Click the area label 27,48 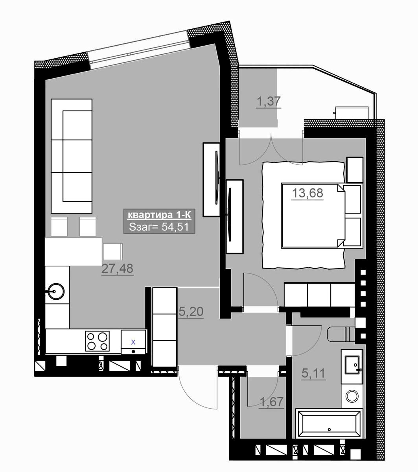117,268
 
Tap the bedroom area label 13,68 308,193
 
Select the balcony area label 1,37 269,101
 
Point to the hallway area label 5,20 191,312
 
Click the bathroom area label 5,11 313,374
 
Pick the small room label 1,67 272,402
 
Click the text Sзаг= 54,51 159,227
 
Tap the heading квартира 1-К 159,215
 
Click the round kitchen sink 56,291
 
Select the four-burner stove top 98,341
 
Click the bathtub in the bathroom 329,424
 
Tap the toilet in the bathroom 341,335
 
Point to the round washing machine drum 352,396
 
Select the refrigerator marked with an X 133,342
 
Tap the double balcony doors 271,149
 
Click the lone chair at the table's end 113,252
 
